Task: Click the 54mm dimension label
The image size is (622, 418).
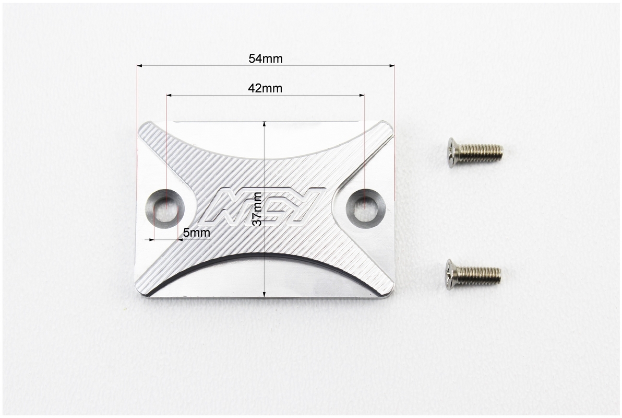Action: (266, 59)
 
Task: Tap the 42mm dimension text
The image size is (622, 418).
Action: (265, 88)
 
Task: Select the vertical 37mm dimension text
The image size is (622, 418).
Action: (257, 209)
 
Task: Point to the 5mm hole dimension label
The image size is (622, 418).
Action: (196, 233)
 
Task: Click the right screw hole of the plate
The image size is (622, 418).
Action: (366, 208)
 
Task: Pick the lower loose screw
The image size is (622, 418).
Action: (473, 274)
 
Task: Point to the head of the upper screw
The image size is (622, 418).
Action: (452, 153)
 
